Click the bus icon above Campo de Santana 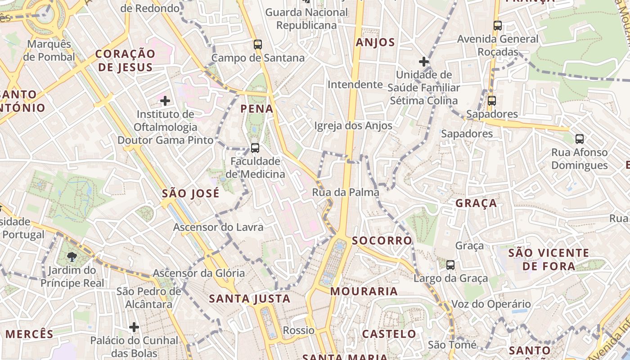258,45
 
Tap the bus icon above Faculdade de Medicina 255,148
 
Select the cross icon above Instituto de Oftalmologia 165,101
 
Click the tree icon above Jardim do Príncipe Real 72,257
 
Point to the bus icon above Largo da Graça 450,265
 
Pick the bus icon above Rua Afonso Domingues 580,139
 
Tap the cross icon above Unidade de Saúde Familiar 423,62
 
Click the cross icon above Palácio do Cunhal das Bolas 134,327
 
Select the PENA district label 257,108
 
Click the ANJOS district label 375,43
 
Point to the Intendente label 355,85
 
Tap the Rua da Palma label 346,193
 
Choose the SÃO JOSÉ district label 191,193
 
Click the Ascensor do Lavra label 218,227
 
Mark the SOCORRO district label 382,240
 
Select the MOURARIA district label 364,291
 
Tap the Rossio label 299,330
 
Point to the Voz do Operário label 491,304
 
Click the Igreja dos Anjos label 353,126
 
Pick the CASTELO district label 389,334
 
